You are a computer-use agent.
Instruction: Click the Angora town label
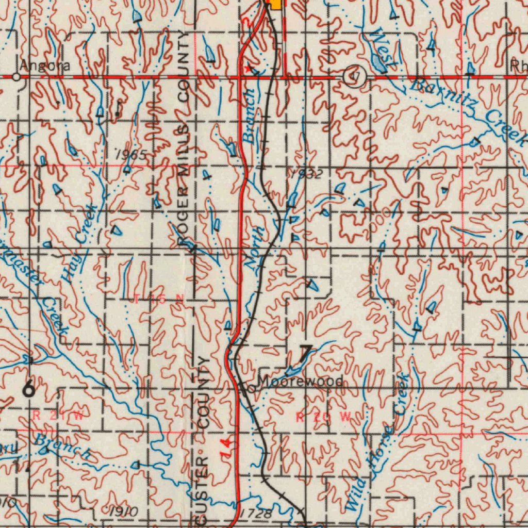[x=45, y=66]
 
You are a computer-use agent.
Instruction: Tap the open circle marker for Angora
[x=16, y=77]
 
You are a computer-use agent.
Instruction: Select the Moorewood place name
[x=301, y=382]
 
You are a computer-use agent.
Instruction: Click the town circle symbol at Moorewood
[x=250, y=389]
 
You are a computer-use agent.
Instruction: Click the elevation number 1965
[x=131, y=155]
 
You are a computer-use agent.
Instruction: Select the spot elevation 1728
[x=256, y=514]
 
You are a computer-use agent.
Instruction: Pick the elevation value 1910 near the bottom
[x=124, y=512]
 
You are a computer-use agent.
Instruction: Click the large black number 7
[x=305, y=354]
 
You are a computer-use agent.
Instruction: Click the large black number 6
[x=29, y=388]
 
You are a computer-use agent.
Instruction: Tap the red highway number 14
[x=226, y=448]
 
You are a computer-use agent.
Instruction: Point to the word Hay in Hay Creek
[x=69, y=269]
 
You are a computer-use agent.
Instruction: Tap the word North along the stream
[x=254, y=247]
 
